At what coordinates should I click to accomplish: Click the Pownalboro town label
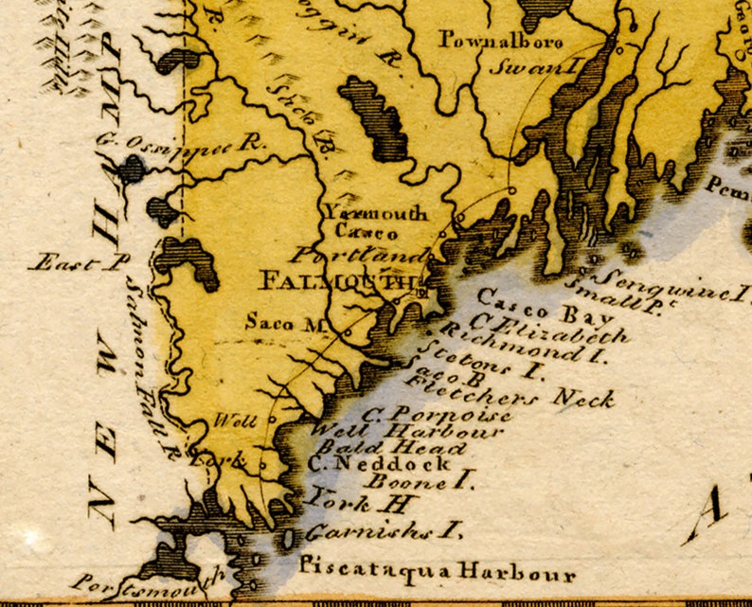[x=501, y=41]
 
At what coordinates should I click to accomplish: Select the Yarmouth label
[x=375, y=213]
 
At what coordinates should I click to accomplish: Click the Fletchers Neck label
[x=511, y=391]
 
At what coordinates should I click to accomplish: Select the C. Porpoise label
[x=438, y=415]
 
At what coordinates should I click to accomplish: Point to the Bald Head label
[x=391, y=448]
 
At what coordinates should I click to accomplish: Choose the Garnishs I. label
[x=384, y=531]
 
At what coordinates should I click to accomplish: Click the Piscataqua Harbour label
[x=437, y=571]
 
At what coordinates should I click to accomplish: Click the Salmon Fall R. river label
[x=150, y=360]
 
